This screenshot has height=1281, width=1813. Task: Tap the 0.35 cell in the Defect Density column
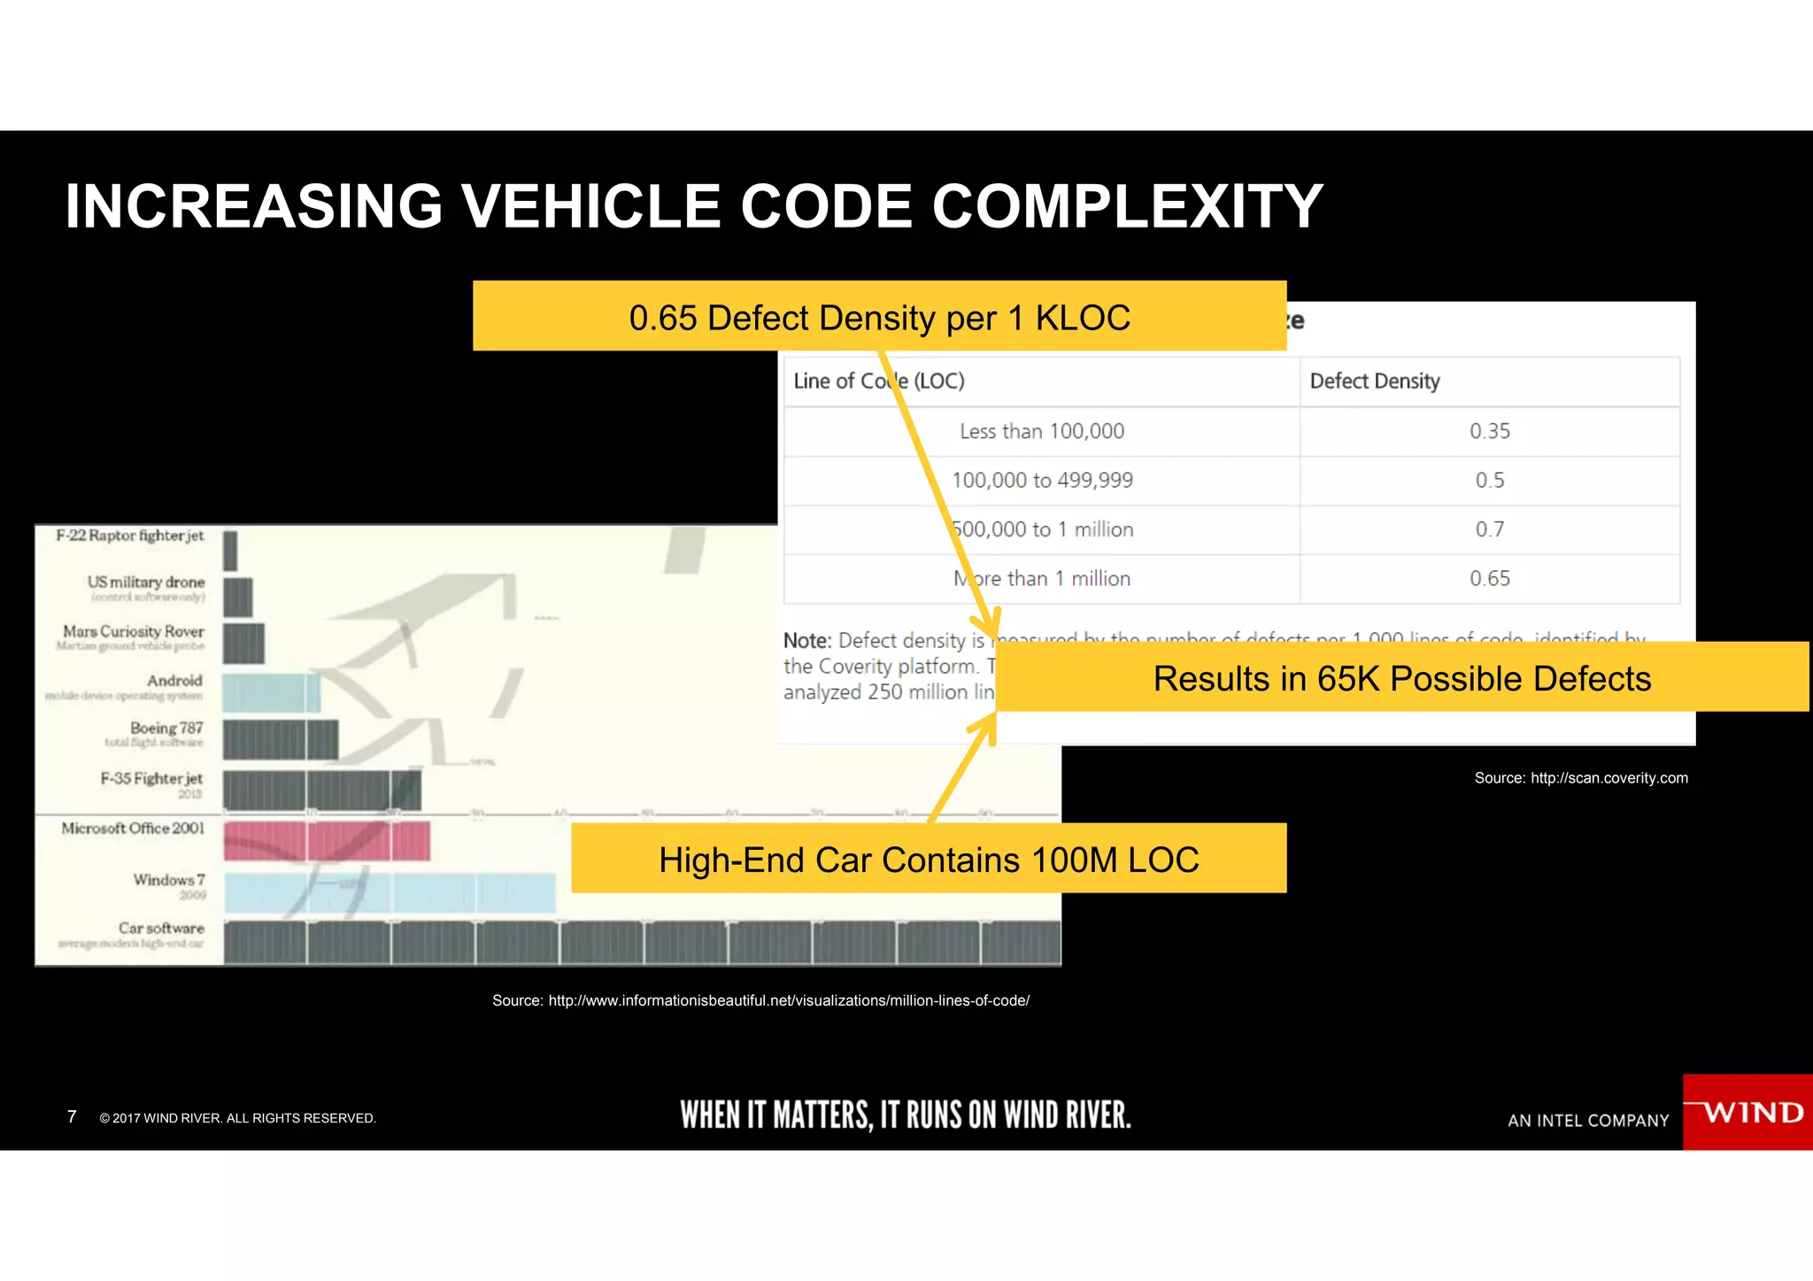pyautogui.click(x=1489, y=431)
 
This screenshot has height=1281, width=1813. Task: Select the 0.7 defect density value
pyautogui.click(x=1489, y=529)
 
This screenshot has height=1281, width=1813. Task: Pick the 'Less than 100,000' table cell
pyautogui.click(x=1042, y=431)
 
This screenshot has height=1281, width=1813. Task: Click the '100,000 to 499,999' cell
pyautogui.click(x=1042, y=480)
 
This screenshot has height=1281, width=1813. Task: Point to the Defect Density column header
pyautogui.click(x=1375, y=381)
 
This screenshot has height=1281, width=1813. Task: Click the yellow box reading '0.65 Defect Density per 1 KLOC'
pyautogui.click(x=879, y=317)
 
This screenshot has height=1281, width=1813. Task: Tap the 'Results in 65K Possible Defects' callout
pyautogui.click(x=1401, y=678)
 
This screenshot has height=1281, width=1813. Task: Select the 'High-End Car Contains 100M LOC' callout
pyautogui.click(x=929, y=859)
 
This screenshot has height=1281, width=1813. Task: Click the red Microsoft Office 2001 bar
pyautogui.click(x=326, y=840)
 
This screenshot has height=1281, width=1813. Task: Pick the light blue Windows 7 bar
pyautogui.click(x=390, y=891)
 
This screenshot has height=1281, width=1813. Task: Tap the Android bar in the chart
pyautogui.click(x=271, y=692)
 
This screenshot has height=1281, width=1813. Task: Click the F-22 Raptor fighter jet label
pyautogui.click(x=130, y=536)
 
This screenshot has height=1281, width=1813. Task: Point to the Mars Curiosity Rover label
pyautogui.click(x=134, y=631)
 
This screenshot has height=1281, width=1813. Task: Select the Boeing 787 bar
pyautogui.click(x=280, y=739)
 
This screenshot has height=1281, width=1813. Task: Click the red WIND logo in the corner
pyautogui.click(x=1747, y=1112)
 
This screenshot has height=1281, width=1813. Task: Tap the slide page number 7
pyautogui.click(x=72, y=1116)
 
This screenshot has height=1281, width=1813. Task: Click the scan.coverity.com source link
pyautogui.click(x=1609, y=778)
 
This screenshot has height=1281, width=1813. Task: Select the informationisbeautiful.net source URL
pyautogui.click(x=788, y=1000)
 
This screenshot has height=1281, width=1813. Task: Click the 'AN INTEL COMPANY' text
pyautogui.click(x=1588, y=1121)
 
